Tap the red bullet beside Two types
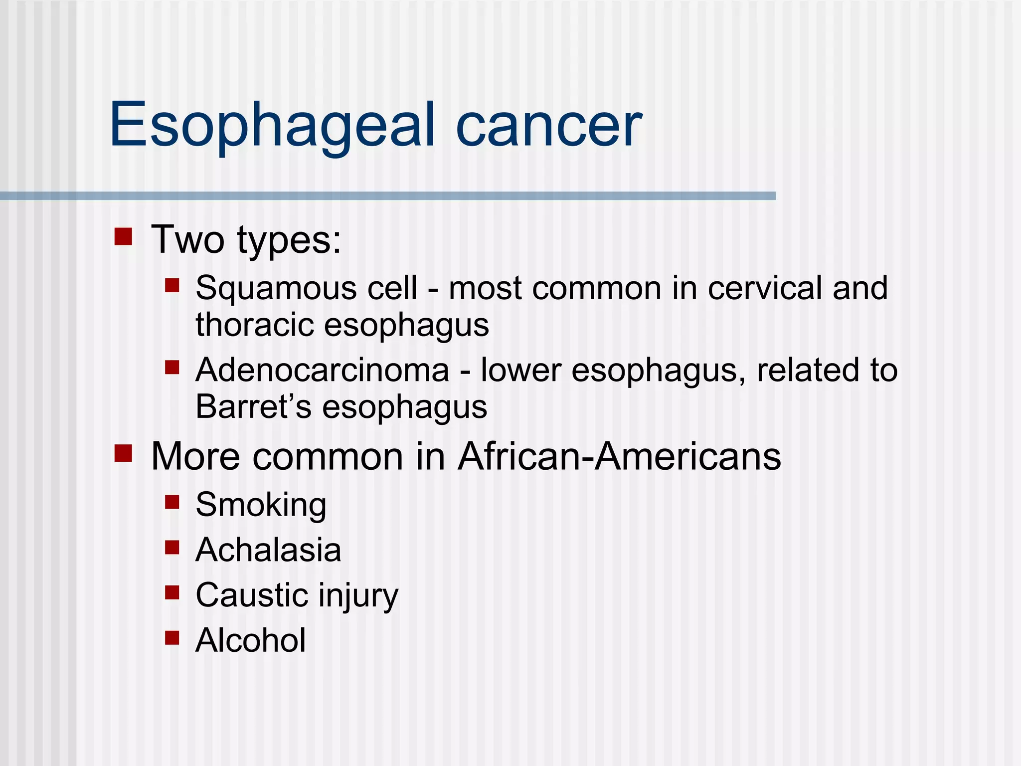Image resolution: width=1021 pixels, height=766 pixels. click(123, 237)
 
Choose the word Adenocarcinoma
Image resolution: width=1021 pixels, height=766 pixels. click(323, 371)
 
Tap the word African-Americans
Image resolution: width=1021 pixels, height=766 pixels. click(620, 456)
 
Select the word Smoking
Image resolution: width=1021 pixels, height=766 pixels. click(261, 505)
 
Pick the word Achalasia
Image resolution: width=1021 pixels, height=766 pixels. click(268, 550)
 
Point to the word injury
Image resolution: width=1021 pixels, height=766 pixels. click(358, 596)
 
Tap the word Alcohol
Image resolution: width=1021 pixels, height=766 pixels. click(251, 640)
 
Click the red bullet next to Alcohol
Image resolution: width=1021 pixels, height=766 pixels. click(172, 637)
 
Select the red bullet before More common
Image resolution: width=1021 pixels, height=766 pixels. click(123, 453)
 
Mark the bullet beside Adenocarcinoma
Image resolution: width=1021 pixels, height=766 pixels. click(172, 368)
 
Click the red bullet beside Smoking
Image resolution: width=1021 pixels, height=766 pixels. click(172, 502)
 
